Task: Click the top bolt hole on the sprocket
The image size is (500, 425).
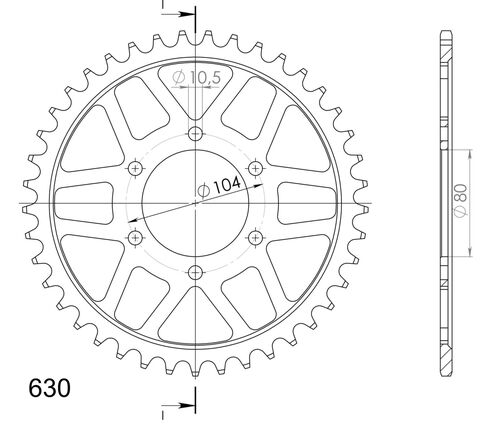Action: [x=194, y=135]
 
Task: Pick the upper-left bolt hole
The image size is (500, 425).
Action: [x=135, y=169]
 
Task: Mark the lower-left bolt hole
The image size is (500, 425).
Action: [x=135, y=237]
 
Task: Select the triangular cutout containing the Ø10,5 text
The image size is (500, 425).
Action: [x=194, y=88]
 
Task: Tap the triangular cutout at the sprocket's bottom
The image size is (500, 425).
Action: [x=194, y=322]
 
